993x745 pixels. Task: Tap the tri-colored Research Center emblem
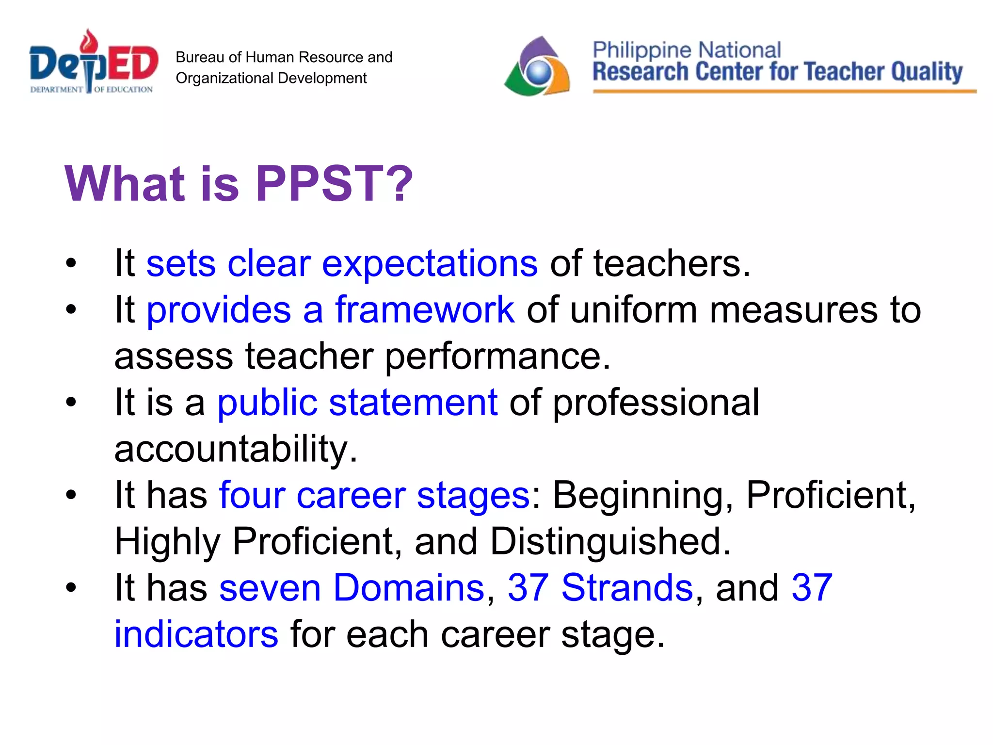pyautogui.click(x=537, y=67)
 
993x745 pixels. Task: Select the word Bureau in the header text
pyautogui.click(x=199, y=57)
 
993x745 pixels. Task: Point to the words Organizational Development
pyautogui.click(x=271, y=78)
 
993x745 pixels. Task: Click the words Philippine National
pyautogui.click(x=686, y=50)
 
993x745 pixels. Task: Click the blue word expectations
pyautogui.click(x=430, y=264)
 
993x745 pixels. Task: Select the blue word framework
pyautogui.click(x=425, y=310)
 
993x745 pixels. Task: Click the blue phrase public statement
pyautogui.click(x=357, y=403)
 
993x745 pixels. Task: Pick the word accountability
pyautogui.click(x=236, y=449)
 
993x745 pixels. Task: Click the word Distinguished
pyautogui.click(x=610, y=542)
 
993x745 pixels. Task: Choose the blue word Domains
pyautogui.click(x=409, y=588)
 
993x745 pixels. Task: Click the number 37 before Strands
pyautogui.click(x=528, y=588)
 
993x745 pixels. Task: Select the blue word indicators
pyautogui.click(x=196, y=634)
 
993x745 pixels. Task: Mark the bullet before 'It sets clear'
pyautogui.click(x=71, y=264)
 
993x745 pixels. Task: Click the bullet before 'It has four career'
pyautogui.click(x=71, y=496)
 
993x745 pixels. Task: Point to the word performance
pyautogui.click(x=497, y=356)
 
